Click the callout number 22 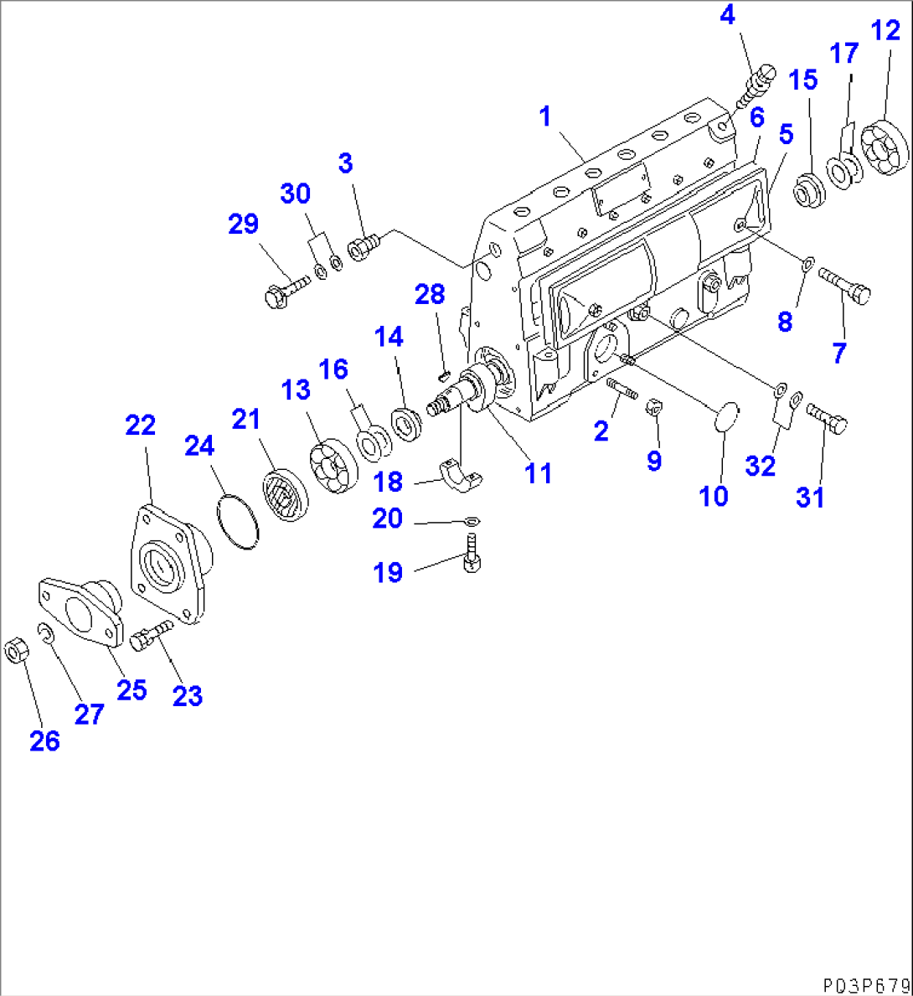point(141,426)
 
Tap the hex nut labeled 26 point(15,649)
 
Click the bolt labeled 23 point(149,636)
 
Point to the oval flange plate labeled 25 point(80,611)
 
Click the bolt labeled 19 point(472,558)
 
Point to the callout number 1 point(545,116)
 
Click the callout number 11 point(538,473)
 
